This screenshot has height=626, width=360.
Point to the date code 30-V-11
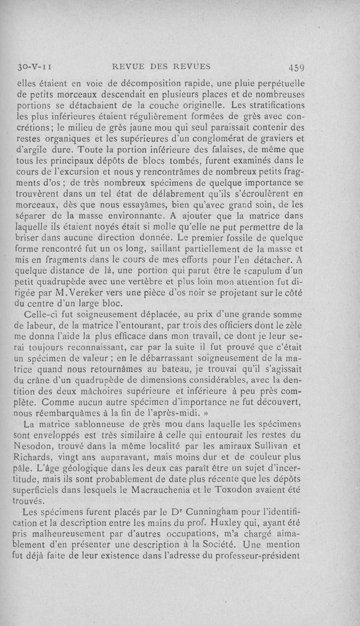(34, 68)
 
